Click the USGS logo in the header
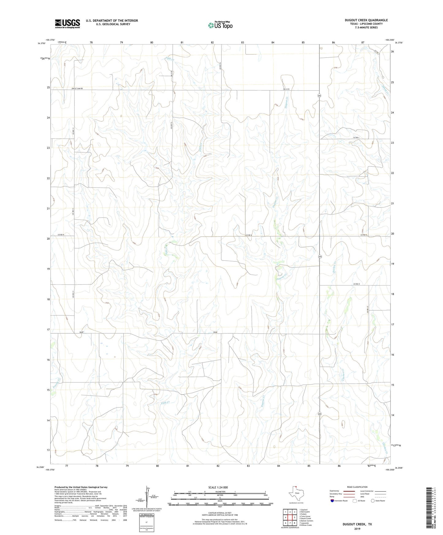(67, 24)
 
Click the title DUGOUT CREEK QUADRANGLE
(366, 20)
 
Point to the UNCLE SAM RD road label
(77, 89)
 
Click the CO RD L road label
(356, 138)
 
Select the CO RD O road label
(356, 284)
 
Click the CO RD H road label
(61, 235)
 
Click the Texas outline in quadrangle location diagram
(296, 496)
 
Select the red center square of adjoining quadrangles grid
(290, 518)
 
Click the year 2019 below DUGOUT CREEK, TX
(357, 529)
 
